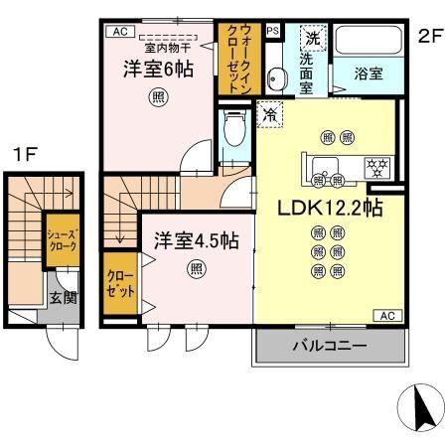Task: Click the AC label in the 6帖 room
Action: point(120,32)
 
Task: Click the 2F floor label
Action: point(428,37)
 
